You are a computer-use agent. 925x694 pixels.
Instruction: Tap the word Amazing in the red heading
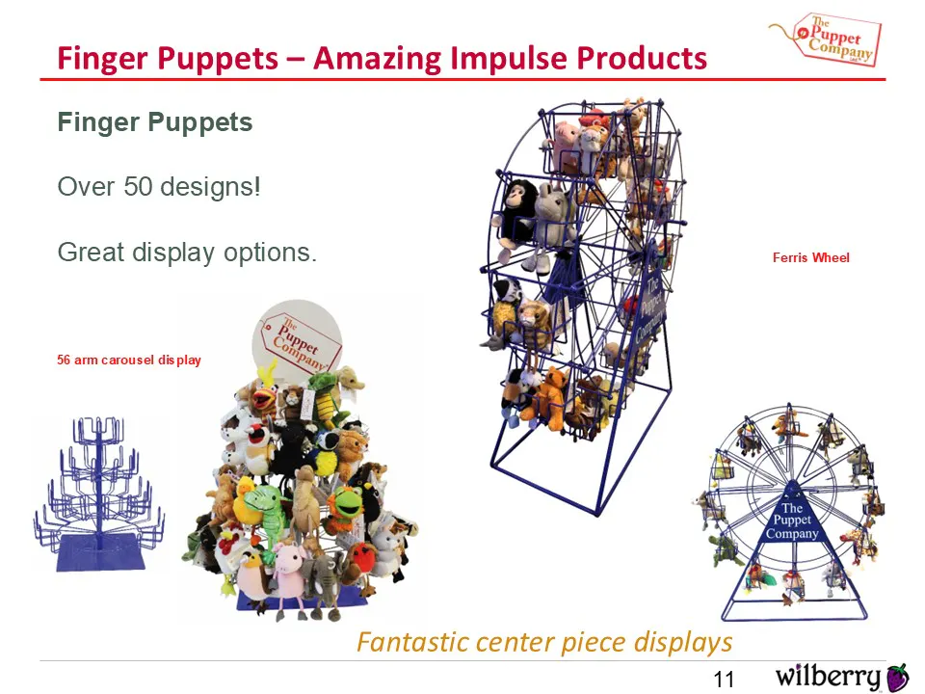[377, 59]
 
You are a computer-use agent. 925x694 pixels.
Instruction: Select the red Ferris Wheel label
[811, 257]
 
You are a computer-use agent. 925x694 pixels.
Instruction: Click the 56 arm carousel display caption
[128, 360]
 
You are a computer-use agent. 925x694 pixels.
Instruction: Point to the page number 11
[724, 680]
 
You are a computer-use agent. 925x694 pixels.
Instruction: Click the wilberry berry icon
[897, 677]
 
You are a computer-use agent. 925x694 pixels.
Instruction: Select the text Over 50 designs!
[159, 186]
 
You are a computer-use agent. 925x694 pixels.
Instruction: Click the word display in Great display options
[173, 254]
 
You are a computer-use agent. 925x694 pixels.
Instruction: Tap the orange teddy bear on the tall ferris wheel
[550, 396]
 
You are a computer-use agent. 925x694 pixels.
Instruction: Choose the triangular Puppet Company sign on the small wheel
[792, 514]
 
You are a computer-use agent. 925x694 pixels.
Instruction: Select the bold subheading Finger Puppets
[155, 122]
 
